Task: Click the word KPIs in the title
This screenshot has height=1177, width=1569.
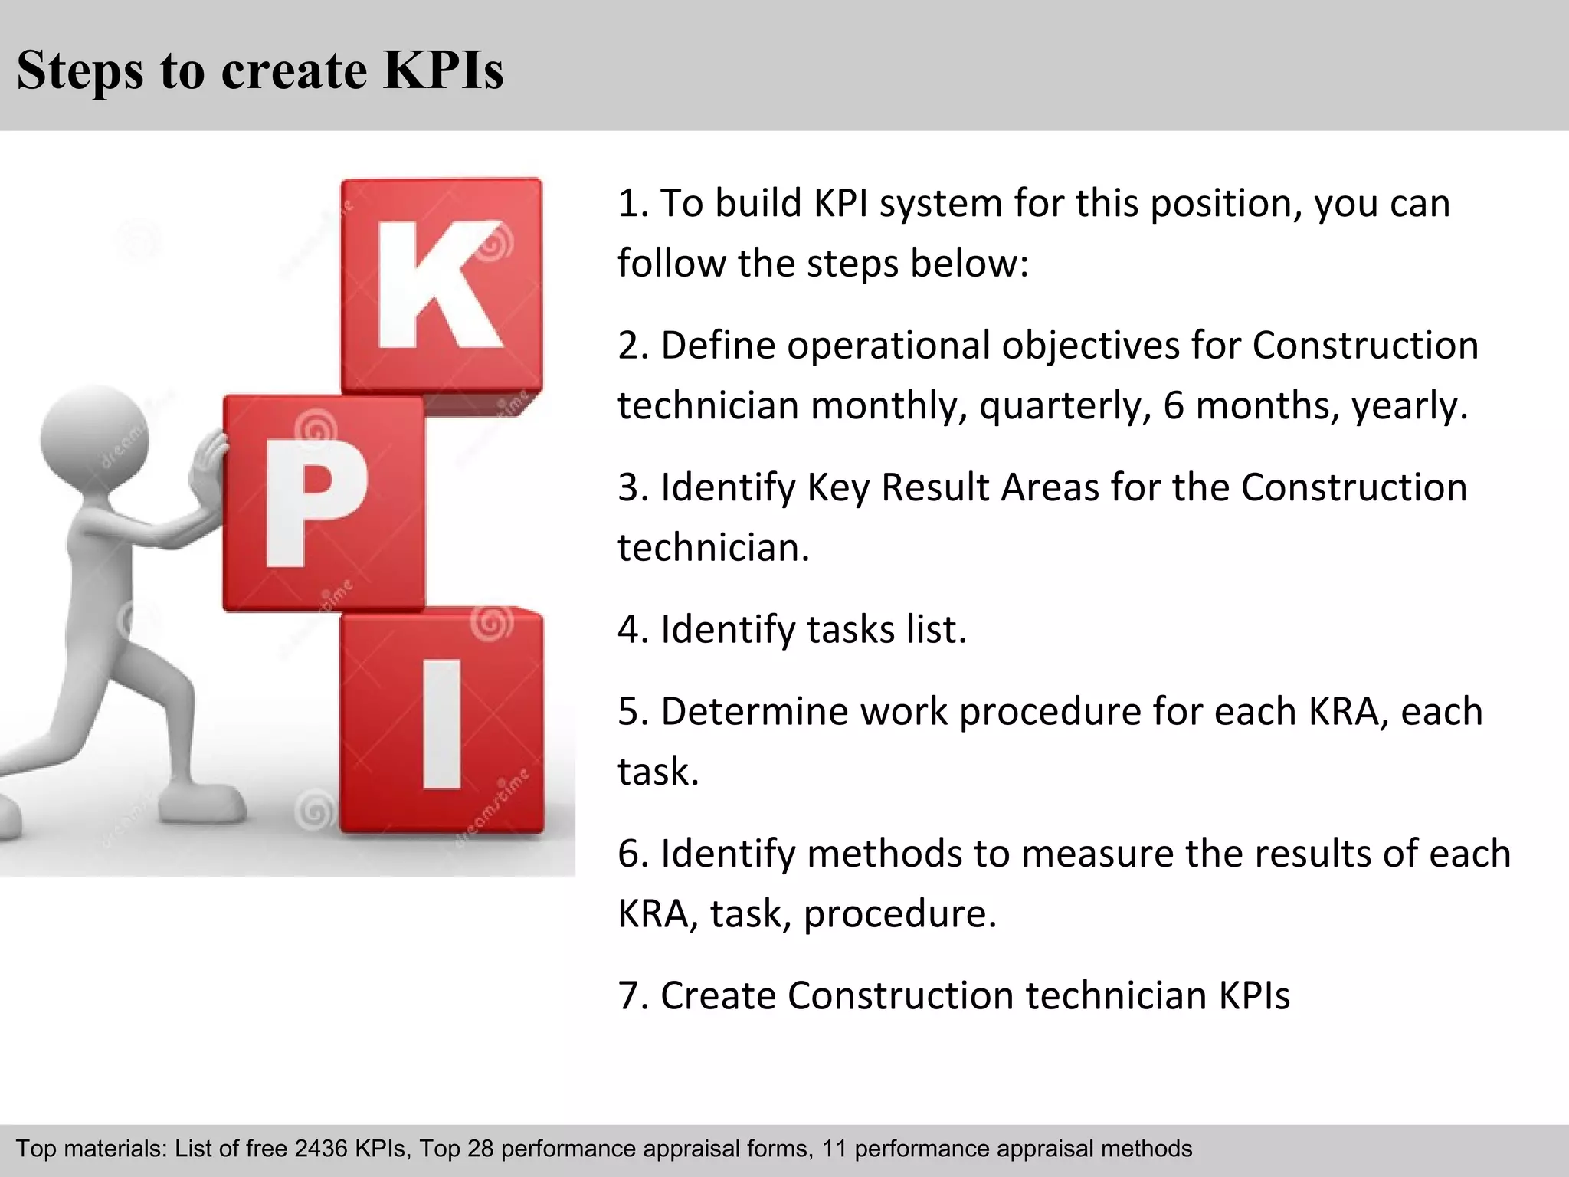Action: [x=443, y=70]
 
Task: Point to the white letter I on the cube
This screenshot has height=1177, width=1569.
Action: [x=442, y=724]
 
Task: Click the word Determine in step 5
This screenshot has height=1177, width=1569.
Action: [x=755, y=711]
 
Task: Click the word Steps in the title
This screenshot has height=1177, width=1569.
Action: [x=80, y=70]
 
